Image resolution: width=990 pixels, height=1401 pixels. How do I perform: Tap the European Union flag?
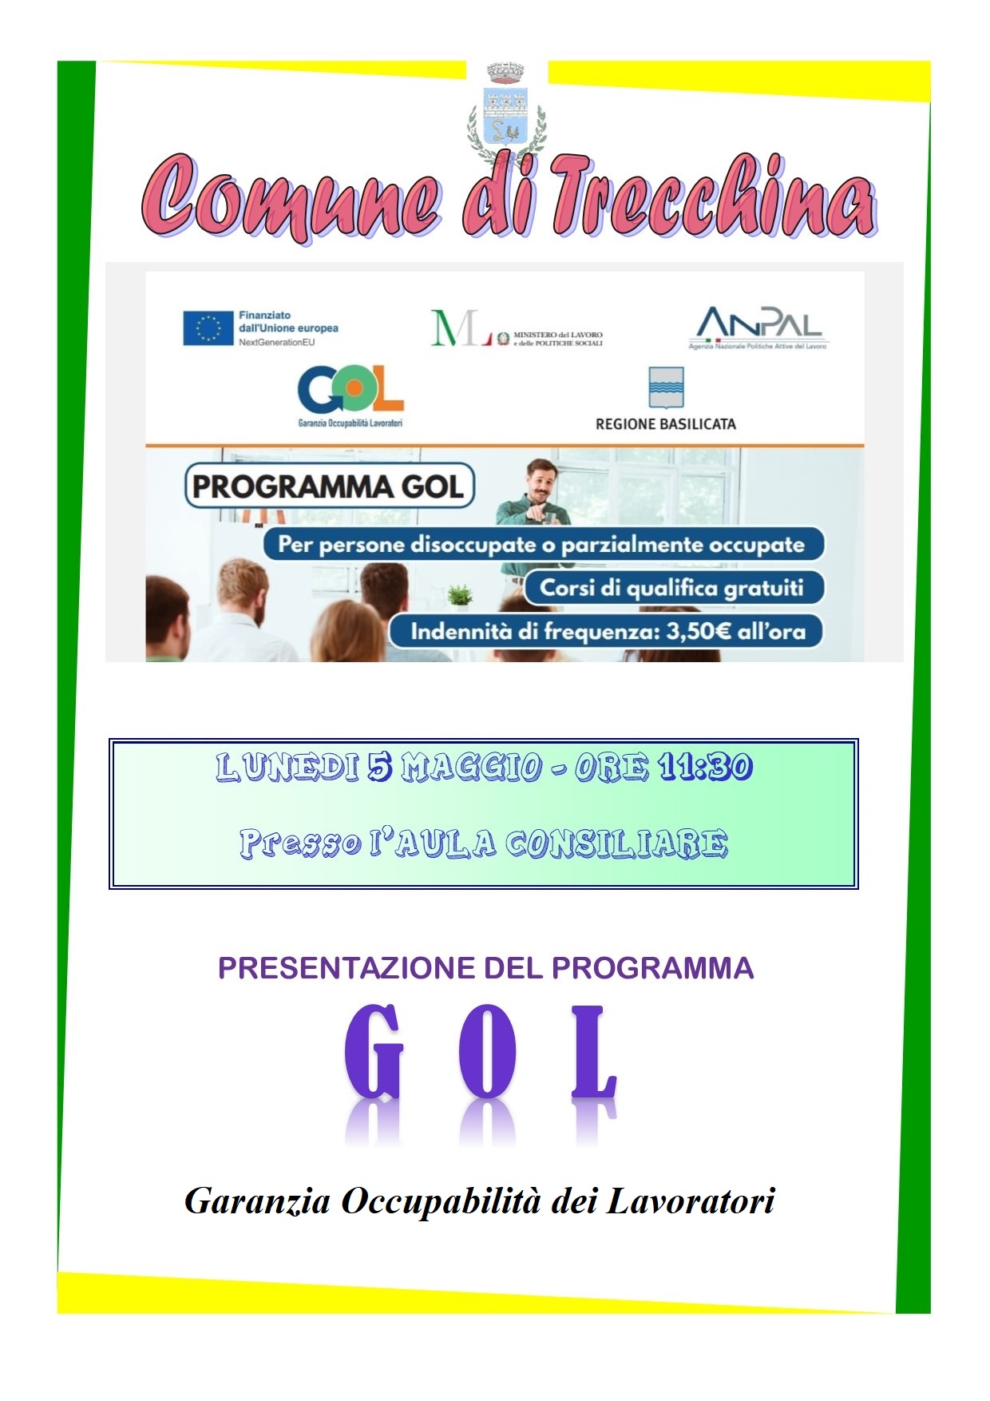pyautogui.click(x=208, y=328)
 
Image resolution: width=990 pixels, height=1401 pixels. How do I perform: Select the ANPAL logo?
pyautogui.click(x=758, y=328)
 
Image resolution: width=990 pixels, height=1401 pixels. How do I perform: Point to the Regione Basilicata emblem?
pyautogui.click(x=666, y=387)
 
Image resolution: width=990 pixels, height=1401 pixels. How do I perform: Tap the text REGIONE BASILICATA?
pyautogui.click(x=666, y=424)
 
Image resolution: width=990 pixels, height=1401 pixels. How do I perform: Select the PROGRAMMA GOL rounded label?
pyautogui.click(x=329, y=486)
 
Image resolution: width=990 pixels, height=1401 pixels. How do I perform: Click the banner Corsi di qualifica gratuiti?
pyautogui.click(x=672, y=588)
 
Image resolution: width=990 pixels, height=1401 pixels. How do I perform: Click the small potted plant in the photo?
pyautogui.click(x=460, y=593)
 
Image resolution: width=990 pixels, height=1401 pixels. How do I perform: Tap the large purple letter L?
pyautogui.click(x=595, y=1052)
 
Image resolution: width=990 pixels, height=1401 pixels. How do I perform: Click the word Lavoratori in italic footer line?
pyautogui.click(x=691, y=1201)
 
